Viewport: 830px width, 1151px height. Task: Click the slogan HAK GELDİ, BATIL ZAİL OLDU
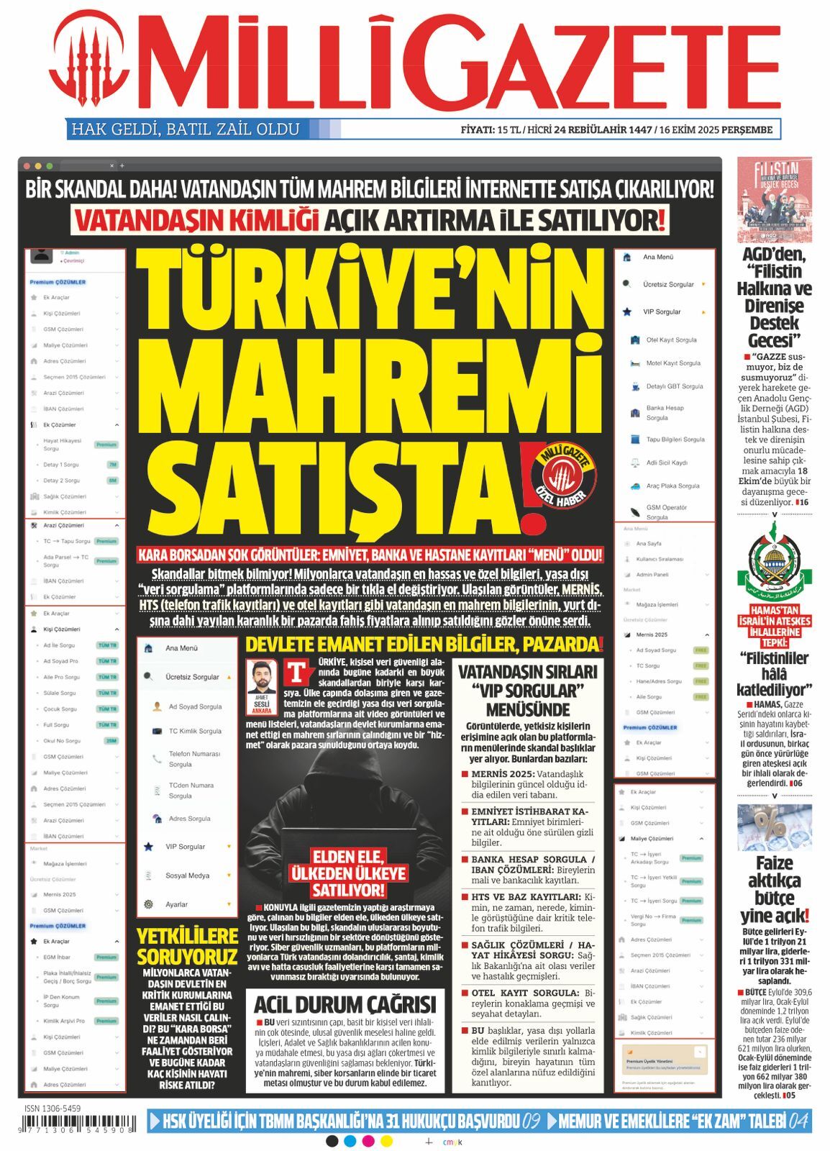[186, 129]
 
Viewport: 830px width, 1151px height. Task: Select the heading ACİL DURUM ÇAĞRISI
[345, 1004]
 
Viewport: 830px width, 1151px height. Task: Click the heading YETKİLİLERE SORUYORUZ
[187, 946]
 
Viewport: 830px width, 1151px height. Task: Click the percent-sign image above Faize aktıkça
[774, 827]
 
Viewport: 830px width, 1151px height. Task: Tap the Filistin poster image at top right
[774, 199]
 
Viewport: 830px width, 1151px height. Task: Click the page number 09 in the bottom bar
[532, 1121]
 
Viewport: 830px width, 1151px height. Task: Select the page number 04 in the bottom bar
[799, 1121]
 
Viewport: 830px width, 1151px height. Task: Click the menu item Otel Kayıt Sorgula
[671, 340]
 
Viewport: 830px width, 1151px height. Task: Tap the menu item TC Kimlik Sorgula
[195, 731]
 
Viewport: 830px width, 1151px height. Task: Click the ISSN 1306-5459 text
[53, 1109]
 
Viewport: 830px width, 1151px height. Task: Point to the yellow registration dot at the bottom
[386, 1141]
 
